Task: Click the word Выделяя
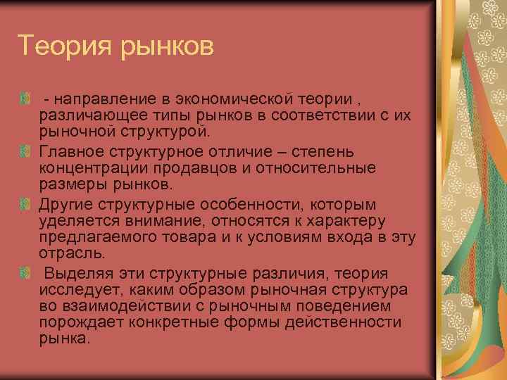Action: tap(74, 274)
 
